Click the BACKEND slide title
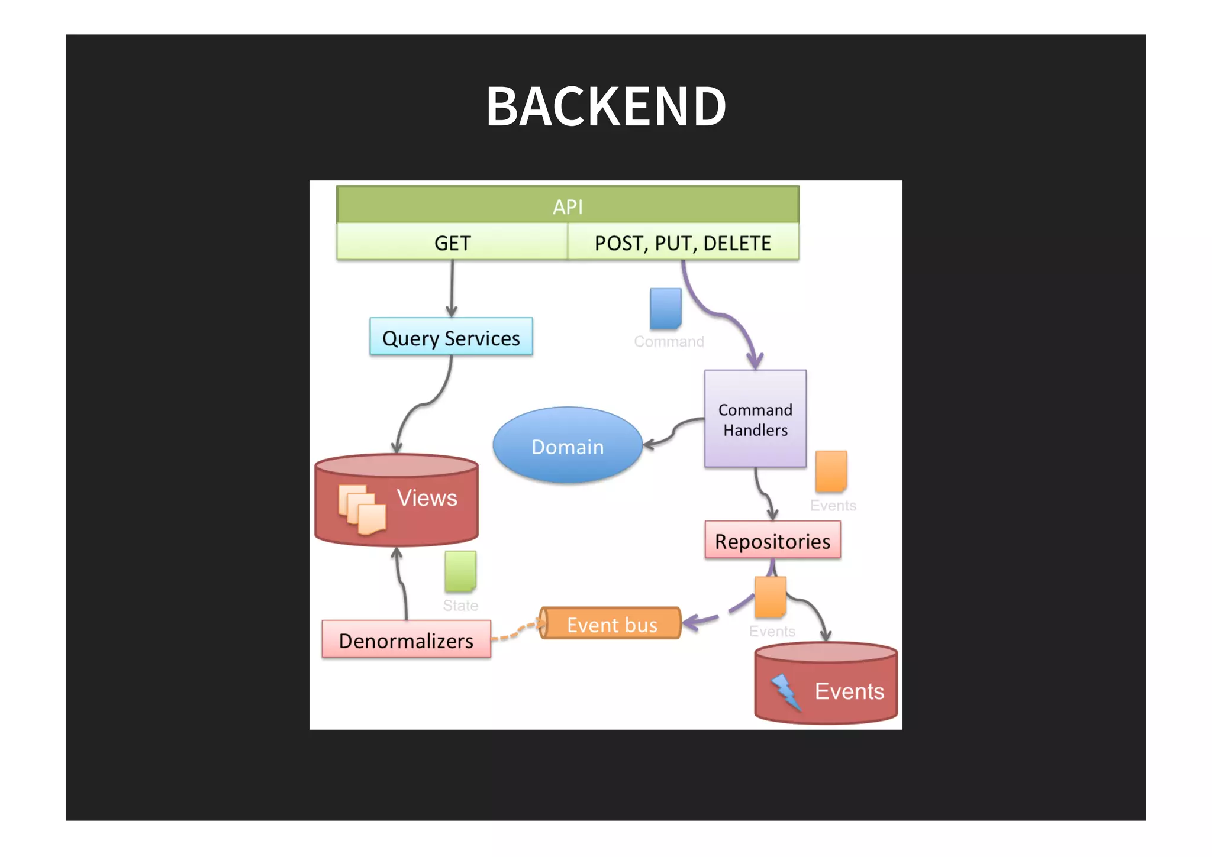[x=606, y=106]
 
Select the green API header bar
[x=568, y=206]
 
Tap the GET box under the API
[x=452, y=242]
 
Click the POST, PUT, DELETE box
[x=682, y=242]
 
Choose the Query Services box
[x=451, y=337]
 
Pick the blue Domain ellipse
[x=568, y=446]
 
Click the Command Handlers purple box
[x=755, y=419]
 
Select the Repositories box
[x=772, y=541]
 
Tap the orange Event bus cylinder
[x=611, y=623]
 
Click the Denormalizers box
[x=406, y=639]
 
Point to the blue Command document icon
[x=665, y=308]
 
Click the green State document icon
[x=460, y=571]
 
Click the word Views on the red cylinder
[x=427, y=498]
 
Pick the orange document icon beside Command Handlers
[x=831, y=471]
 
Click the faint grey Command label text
[x=669, y=342]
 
